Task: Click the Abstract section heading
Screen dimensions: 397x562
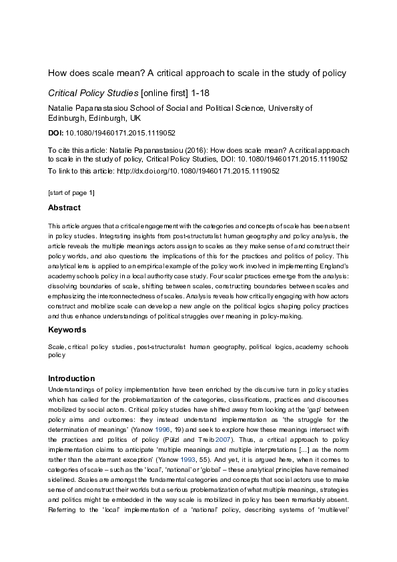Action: pos(65,208)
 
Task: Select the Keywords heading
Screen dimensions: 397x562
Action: pos(67,330)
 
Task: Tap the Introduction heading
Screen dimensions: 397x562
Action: pos(72,378)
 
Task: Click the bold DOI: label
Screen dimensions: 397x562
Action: pos(57,133)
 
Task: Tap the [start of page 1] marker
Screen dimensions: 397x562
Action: pos(72,192)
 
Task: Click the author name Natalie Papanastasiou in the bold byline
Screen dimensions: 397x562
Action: pos(91,107)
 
